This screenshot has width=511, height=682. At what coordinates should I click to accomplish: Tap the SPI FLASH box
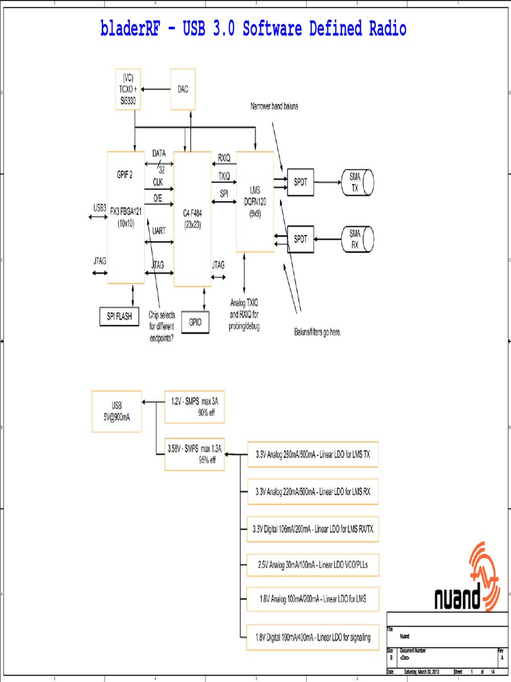[119, 316]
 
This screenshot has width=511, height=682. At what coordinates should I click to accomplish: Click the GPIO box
[196, 321]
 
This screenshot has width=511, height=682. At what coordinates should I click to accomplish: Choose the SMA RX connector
[355, 238]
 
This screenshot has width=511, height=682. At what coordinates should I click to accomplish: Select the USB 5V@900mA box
[116, 412]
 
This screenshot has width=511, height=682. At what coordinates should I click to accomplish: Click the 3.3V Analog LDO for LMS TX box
[312, 454]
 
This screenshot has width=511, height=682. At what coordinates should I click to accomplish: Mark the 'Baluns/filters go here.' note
[317, 332]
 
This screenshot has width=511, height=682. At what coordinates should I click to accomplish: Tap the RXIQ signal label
[224, 158]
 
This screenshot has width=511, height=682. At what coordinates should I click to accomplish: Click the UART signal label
[159, 230]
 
